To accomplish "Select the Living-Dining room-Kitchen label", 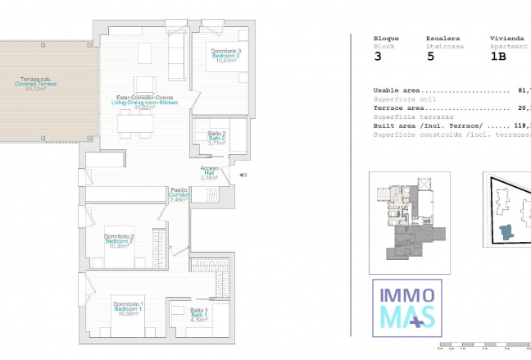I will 144,102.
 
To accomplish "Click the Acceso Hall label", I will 209,173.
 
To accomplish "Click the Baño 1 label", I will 198,315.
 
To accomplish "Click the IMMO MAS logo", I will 408,308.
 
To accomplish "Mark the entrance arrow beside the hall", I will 242,175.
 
